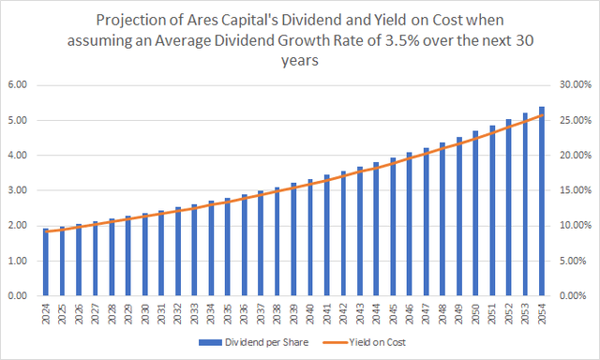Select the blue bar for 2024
46,262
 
